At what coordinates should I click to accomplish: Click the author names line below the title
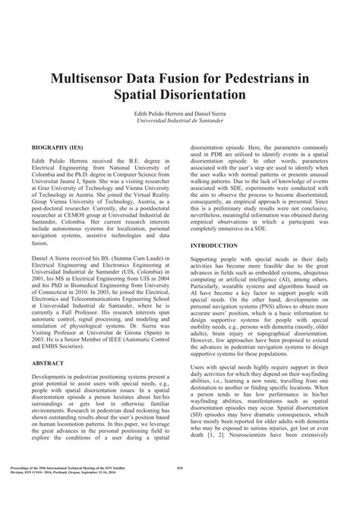tap(179, 112)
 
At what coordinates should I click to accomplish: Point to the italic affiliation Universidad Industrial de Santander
tap(179, 120)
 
